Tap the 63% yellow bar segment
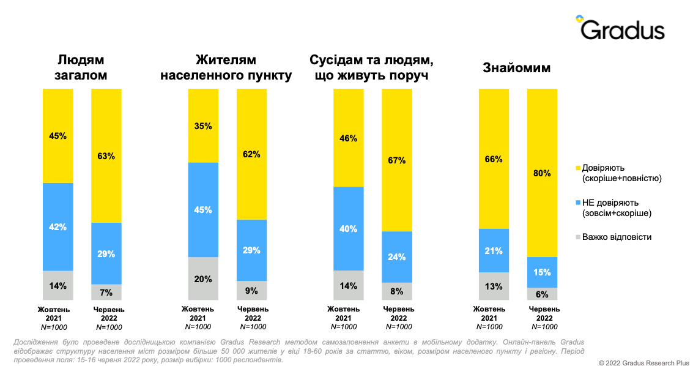point(106,155)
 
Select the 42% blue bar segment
point(57,226)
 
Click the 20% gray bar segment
point(203,278)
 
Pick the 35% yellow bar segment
point(203,125)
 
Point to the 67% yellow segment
point(397,160)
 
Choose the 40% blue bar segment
point(349,228)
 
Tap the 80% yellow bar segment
point(542,173)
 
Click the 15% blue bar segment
point(542,272)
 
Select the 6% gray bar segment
point(542,293)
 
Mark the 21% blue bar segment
point(494,250)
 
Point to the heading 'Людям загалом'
point(81,67)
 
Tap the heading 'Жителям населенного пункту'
point(226,67)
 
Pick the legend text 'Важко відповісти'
point(617,237)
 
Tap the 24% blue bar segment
point(397,256)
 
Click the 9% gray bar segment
point(251,290)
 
